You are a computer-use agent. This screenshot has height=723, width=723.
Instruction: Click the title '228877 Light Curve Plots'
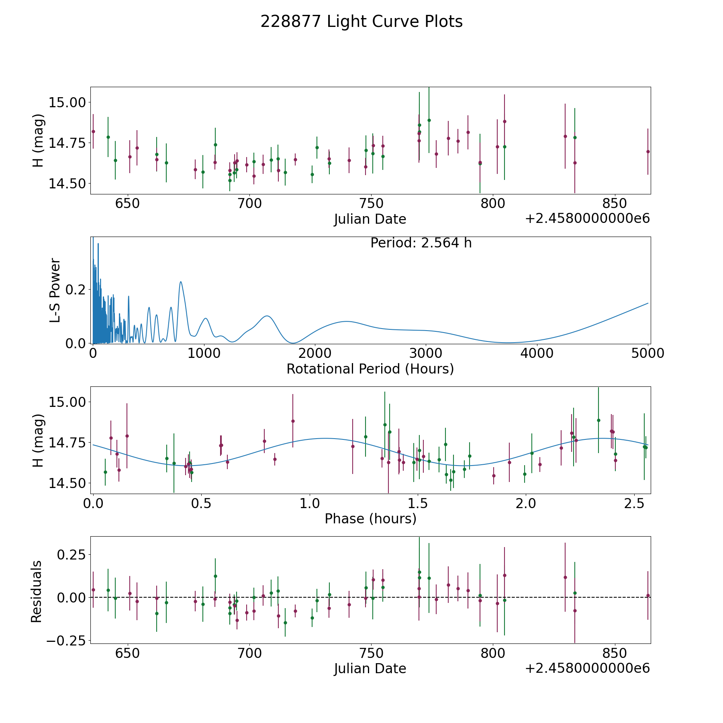click(361, 22)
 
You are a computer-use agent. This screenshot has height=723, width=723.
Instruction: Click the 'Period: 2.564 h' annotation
click(421, 243)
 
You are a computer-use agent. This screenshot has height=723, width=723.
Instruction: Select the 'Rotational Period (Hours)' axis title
click(370, 369)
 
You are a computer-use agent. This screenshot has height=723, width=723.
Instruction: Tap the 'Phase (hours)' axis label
click(370, 519)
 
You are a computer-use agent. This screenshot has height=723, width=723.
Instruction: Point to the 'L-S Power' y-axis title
click(55, 290)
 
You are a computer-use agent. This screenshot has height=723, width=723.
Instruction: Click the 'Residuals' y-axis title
click(37, 591)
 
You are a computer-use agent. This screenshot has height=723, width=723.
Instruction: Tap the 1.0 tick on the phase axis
click(310, 504)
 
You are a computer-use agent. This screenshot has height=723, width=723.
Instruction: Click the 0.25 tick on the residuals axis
click(71, 555)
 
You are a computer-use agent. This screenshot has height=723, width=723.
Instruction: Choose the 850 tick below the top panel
click(615, 204)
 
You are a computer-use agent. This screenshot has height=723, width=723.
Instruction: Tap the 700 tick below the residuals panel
click(249, 654)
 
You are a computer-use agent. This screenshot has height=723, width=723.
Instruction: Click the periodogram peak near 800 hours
click(181, 282)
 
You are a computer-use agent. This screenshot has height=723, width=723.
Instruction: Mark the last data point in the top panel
click(647, 151)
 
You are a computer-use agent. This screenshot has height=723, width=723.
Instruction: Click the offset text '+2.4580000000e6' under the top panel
click(587, 219)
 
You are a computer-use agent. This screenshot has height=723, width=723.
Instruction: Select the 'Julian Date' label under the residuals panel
click(370, 668)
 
